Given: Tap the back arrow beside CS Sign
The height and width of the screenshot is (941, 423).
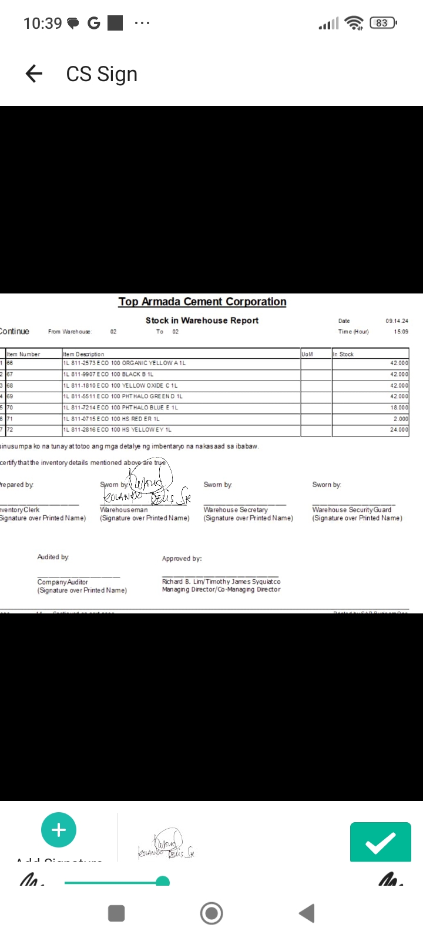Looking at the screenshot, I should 34,74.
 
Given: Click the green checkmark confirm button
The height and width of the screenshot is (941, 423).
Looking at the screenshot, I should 380,842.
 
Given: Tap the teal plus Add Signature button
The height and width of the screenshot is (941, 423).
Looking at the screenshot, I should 59,830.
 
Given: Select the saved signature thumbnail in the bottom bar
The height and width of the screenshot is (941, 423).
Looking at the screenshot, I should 166,845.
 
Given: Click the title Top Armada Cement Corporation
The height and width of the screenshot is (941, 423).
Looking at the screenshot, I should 202,302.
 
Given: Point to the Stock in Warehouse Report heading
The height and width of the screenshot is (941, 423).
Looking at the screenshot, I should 202,321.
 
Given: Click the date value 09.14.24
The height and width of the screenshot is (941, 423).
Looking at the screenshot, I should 397,321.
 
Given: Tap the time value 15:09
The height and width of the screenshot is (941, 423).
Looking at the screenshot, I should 401,332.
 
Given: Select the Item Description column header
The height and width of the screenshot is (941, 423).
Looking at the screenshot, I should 83,354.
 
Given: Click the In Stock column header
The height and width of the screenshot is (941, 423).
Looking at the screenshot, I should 344,354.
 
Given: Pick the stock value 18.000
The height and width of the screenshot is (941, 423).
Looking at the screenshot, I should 399,408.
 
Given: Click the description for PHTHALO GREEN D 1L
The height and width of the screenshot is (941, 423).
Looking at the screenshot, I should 123,396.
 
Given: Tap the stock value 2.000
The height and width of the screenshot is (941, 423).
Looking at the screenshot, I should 401,419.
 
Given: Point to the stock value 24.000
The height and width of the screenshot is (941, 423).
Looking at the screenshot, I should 399,430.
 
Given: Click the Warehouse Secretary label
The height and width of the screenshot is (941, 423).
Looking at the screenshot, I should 236,510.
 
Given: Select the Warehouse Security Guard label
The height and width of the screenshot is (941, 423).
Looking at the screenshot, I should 351,510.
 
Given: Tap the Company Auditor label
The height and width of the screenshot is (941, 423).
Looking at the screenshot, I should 62,582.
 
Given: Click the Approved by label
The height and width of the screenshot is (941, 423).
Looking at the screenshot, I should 182,559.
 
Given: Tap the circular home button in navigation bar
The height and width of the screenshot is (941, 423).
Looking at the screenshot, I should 211,913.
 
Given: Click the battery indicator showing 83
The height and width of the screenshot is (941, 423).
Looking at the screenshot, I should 382,23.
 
